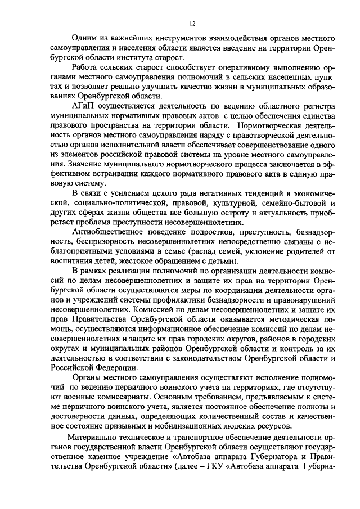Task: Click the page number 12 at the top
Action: tap(192, 23)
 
